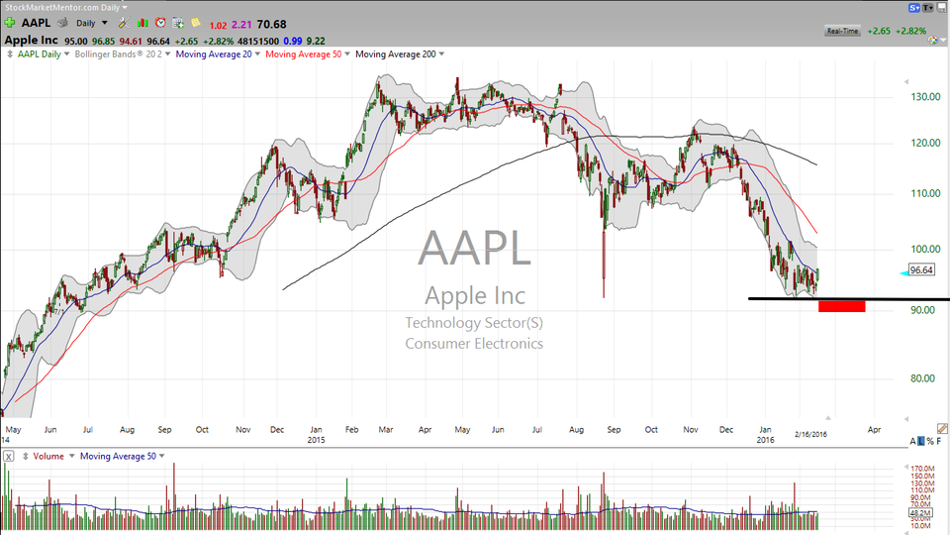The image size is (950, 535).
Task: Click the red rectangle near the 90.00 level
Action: [842, 306]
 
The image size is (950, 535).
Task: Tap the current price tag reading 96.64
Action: [921, 269]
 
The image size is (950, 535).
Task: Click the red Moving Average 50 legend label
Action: [301, 53]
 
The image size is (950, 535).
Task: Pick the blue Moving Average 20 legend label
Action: [212, 53]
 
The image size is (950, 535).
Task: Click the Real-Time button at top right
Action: [841, 31]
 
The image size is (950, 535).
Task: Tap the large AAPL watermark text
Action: [474, 248]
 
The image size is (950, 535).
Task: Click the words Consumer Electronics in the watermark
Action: [474, 344]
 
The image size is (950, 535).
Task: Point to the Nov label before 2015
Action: [243, 431]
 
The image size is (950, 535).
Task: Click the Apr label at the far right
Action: [874, 431]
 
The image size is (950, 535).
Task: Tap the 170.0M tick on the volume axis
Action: [924, 468]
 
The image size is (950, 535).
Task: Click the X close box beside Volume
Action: [8, 456]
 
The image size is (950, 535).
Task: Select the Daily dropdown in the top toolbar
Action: [90, 22]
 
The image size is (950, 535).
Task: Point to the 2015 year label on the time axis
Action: [317, 439]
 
